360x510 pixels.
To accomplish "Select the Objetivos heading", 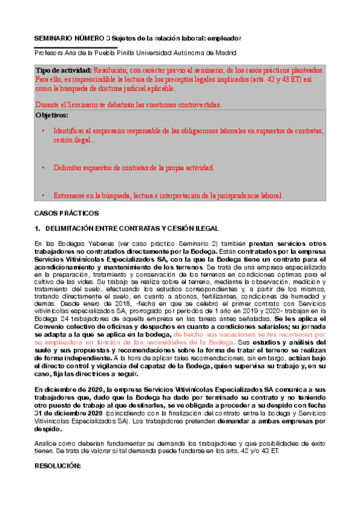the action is coord(52,114).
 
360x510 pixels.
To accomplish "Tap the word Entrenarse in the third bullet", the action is coord(70,195).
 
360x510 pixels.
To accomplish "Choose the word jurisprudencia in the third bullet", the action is coord(225,195).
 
